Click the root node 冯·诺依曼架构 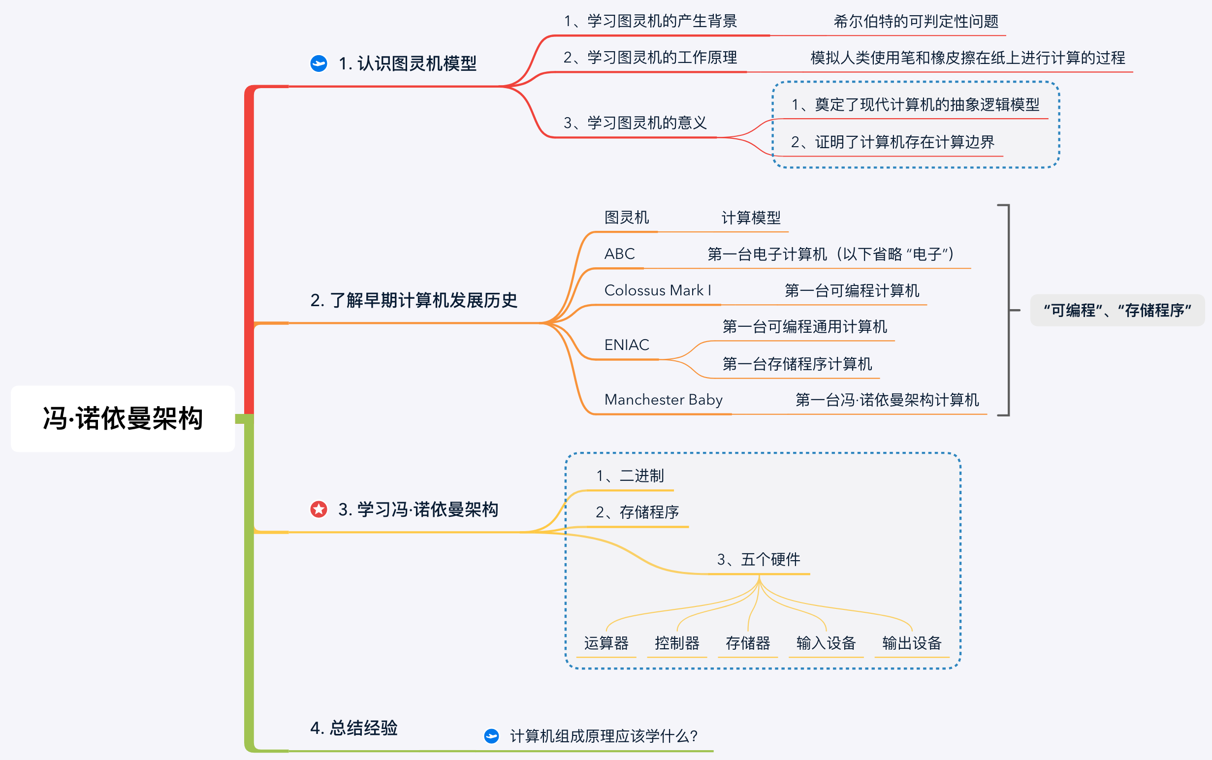[123, 419]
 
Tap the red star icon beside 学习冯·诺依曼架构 [319, 509]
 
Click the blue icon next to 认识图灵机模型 [319, 63]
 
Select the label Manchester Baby [663, 400]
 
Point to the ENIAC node [626, 345]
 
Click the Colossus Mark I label [658, 290]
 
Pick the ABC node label [619, 254]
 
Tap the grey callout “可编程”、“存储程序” [1117, 310]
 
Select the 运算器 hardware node [606, 643]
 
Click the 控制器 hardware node [677, 643]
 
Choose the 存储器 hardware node [748, 643]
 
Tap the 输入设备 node [826, 643]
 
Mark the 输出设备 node [912, 643]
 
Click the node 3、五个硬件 [759, 560]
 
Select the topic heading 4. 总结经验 [354, 728]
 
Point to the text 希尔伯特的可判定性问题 [916, 22]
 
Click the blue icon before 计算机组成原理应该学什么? [491, 736]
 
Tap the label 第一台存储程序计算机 [797, 364]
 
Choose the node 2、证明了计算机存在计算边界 [893, 142]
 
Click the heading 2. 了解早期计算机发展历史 [414, 300]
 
